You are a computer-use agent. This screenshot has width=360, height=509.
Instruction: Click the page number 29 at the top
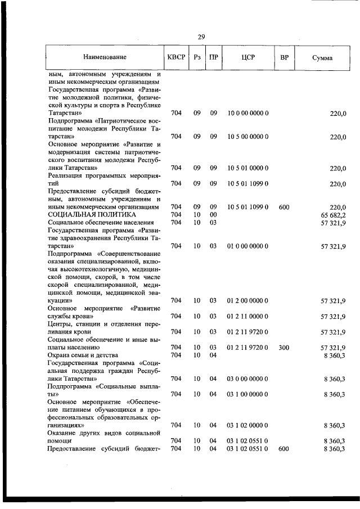(201, 37)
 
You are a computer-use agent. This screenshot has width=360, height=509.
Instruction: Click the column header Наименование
(105, 57)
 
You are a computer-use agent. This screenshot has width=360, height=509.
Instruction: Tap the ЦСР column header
(247, 57)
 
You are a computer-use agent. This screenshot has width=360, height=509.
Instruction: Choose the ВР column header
(284, 57)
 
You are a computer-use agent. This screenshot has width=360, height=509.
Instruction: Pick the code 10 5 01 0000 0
(247, 168)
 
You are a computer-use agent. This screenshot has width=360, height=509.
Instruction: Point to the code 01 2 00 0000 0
(247, 301)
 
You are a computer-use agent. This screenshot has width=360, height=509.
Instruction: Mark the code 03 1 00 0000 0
(247, 394)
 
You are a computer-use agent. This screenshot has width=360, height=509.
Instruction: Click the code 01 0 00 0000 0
(247, 246)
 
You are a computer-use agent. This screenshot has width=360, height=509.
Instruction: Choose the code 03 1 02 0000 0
(247, 425)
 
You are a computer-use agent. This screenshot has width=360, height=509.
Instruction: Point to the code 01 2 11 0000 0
(247, 317)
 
